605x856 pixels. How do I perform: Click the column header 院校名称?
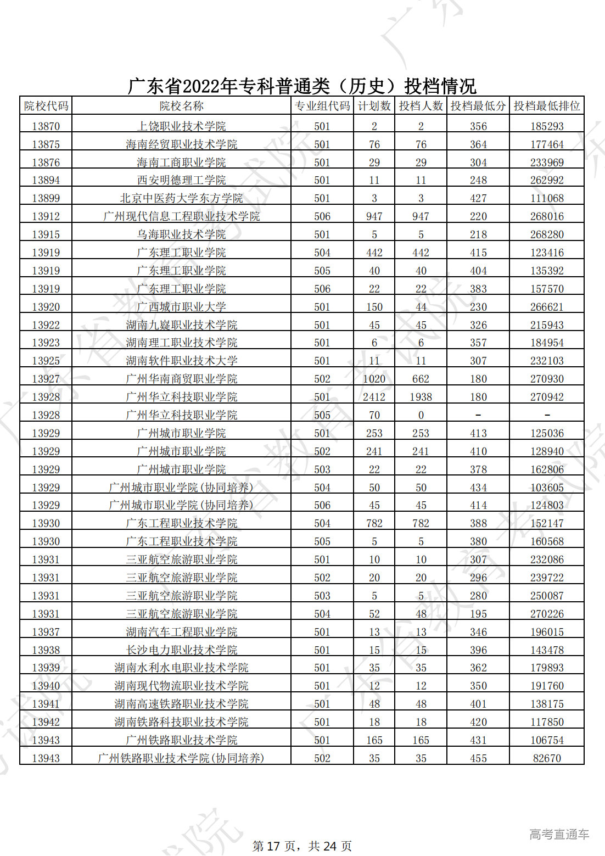[181, 106]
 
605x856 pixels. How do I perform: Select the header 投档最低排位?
[546, 106]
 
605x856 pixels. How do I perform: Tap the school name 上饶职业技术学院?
[181, 126]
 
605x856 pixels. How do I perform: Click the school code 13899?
[46, 198]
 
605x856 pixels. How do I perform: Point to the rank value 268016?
[546, 216]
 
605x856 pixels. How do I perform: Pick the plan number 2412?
[374, 397]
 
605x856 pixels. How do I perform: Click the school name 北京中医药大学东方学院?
[181, 198]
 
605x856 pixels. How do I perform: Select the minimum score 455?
[478, 758]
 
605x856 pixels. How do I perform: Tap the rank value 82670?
[546, 758]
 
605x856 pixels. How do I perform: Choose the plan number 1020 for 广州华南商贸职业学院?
[374, 379]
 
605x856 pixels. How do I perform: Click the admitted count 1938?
[421, 397]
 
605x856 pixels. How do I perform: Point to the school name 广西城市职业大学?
[181, 307]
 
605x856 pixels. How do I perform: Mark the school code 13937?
[46, 632]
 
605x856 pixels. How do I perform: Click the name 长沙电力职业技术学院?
[181, 650]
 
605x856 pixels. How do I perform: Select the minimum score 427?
[478, 198]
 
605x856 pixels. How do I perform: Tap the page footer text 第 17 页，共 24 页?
[302, 846]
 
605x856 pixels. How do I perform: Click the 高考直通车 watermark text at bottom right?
[559, 835]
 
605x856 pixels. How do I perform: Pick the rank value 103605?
[546, 488]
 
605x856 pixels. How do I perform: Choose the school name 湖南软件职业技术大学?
[181, 361]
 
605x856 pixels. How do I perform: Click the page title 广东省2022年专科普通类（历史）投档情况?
[302, 86]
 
